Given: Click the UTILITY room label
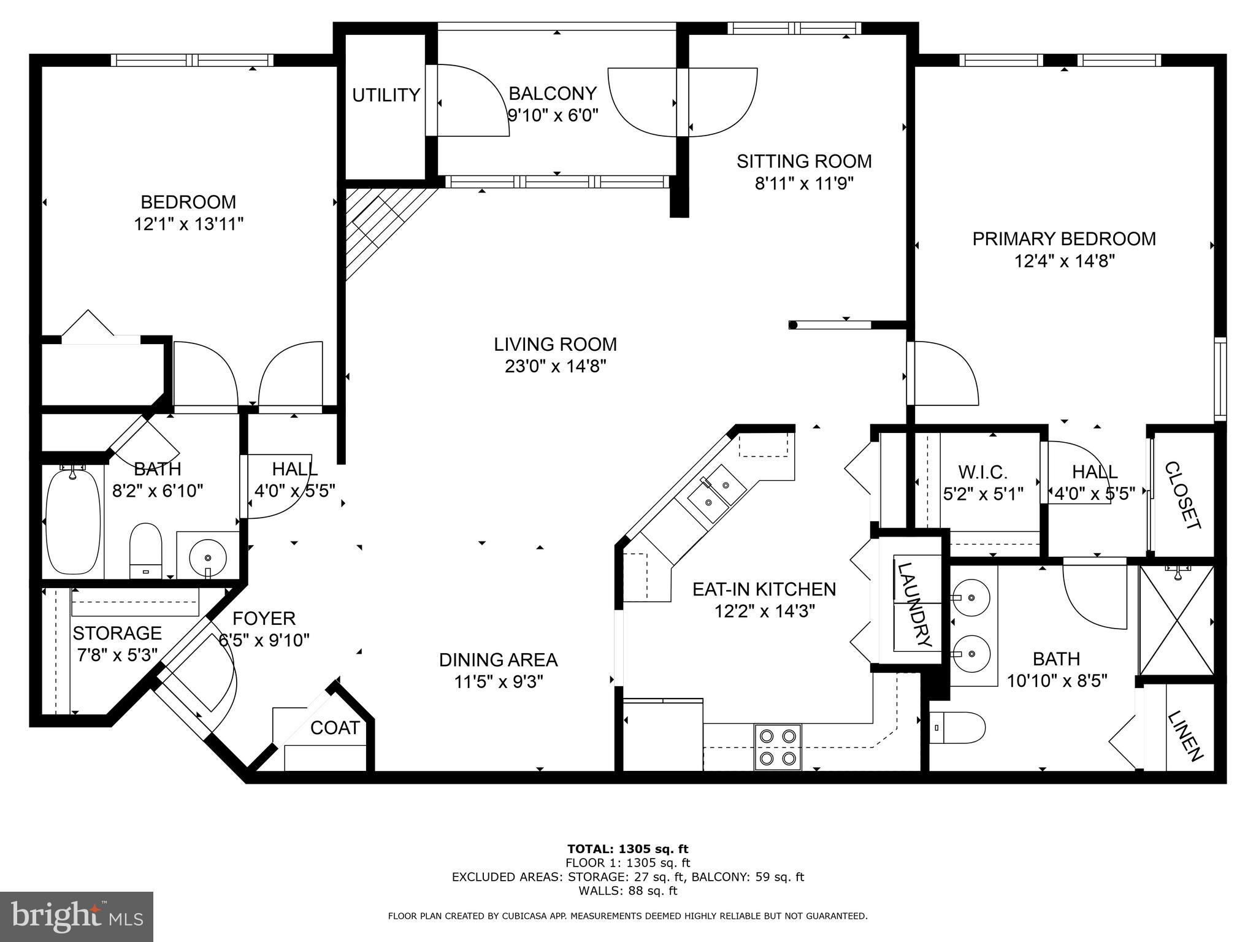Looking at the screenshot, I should click(x=386, y=95).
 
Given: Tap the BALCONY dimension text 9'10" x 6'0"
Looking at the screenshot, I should click(x=553, y=115).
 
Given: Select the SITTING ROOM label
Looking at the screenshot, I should click(x=804, y=161).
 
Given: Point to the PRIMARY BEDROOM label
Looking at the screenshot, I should click(x=1064, y=239).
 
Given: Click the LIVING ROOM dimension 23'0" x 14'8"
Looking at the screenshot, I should click(x=555, y=366).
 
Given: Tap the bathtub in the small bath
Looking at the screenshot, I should click(x=74, y=522).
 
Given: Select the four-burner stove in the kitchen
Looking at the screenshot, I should click(x=777, y=747).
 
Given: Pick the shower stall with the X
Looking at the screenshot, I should click(x=1176, y=621).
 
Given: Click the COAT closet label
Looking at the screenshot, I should click(x=335, y=728).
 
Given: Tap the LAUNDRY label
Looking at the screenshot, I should click(x=916, y=605).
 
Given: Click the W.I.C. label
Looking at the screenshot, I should click(x=982, y=472).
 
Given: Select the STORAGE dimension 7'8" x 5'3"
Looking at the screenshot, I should click(x=117, y=654).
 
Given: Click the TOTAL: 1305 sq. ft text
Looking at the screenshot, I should click(x=627, y=849).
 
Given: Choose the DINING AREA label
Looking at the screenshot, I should click(x=498, y=660).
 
